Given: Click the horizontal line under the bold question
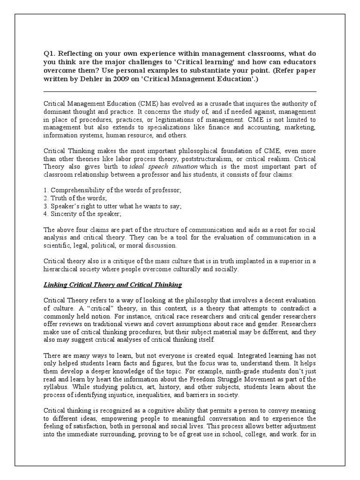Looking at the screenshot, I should click(x=180, y=92).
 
